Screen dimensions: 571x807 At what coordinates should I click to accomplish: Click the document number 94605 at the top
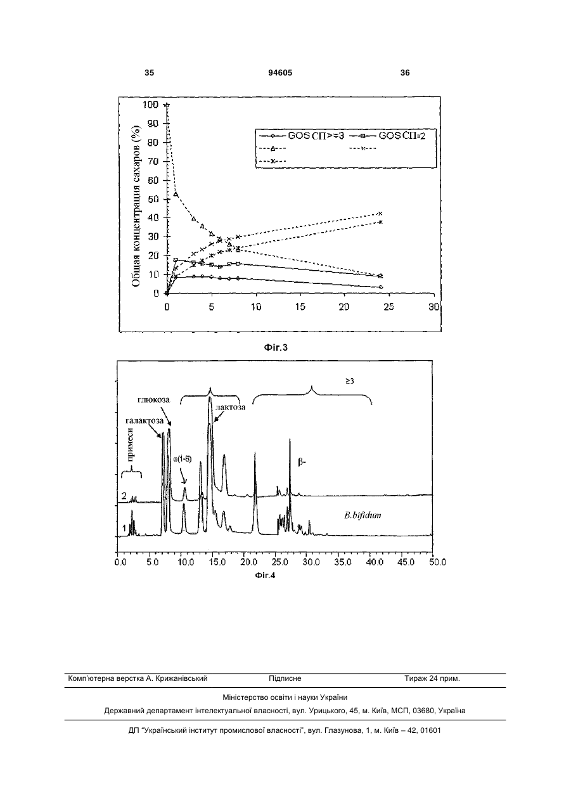pyautogui.click(x=280, y=73)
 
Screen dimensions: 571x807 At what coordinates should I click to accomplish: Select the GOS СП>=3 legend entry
pyautogui.click(x=302, y=136)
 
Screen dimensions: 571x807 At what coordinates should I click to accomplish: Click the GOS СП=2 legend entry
pyautogui.click(x=387, y=136)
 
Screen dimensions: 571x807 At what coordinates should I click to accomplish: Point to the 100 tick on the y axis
pyautogui.click(x=151, y=105)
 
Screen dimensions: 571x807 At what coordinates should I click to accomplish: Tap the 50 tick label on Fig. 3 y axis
pyautogui.click(x=153, y=199)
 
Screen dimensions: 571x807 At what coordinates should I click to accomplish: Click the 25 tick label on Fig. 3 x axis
pyautogui.click(x=388, y=307)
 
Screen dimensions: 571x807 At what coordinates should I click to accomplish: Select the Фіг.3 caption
pyautogui.click(x=276, y=347)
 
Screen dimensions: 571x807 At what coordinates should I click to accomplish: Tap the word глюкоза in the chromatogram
pyautogui.click(x=153, y=399)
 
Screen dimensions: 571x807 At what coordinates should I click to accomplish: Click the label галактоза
pyautogui.click(x=144, y=420)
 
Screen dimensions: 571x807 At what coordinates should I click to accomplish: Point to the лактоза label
pyautogui.click(x=231, y=407)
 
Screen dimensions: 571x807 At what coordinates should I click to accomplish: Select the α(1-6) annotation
pyautogui.click(x=183, y=459)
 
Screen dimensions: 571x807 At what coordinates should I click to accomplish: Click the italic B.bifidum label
pyautogui.click(x=362, y=515)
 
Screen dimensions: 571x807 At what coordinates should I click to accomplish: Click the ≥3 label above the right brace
pyautogui.click(x=350, y=381)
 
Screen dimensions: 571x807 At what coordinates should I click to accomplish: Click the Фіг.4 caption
pyautogui.click(x=265, y=576)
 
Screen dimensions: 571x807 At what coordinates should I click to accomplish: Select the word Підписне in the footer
pyautogui.click(x=285, y=678)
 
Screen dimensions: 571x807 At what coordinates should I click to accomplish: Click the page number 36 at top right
pyautogui.click(x=405, y=73)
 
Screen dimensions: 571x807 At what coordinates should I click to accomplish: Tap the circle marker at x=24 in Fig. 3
pyautogui.click(x=381, y=287)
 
